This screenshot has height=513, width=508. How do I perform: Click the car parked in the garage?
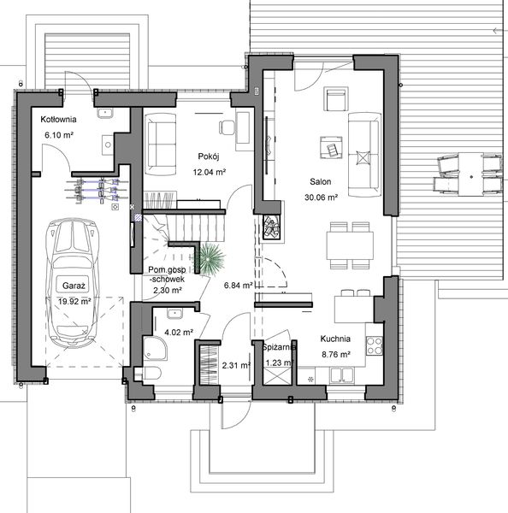click(x=74, y=282)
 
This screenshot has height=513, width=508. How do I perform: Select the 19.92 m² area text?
click(x=74, y=300)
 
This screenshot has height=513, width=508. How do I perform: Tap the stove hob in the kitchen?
click(x=374, y=346)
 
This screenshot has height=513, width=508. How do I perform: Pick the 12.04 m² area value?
click(x=208, y=171)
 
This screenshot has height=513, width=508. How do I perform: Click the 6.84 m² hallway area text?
click(x=238, y=285)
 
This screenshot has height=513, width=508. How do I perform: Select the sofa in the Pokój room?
click(x=160, y=141)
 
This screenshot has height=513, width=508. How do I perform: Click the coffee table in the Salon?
click(x=330, y=148)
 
